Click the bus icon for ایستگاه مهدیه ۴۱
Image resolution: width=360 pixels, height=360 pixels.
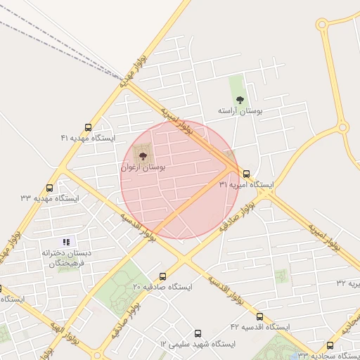88,127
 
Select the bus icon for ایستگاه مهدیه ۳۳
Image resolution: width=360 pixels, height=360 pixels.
49,188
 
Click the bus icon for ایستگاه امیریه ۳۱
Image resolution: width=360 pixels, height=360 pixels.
246,173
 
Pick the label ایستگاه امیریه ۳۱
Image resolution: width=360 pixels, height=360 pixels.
246,184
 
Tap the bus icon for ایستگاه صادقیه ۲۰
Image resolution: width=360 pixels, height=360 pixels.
163,276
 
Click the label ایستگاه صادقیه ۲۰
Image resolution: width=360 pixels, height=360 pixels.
162,288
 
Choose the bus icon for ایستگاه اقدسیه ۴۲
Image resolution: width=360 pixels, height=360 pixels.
259,316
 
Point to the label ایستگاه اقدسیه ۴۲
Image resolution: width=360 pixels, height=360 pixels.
260,328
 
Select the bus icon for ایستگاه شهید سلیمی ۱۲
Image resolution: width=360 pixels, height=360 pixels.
198,333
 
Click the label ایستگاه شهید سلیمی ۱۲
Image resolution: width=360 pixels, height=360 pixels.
198,345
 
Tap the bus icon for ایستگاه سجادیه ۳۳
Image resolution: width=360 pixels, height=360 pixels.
330,345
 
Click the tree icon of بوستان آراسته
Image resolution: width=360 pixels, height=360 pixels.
240,100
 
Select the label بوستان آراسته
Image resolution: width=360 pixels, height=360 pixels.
240,111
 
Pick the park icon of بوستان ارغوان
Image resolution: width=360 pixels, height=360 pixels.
143,156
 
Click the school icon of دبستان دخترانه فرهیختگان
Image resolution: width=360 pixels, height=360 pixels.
67,242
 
